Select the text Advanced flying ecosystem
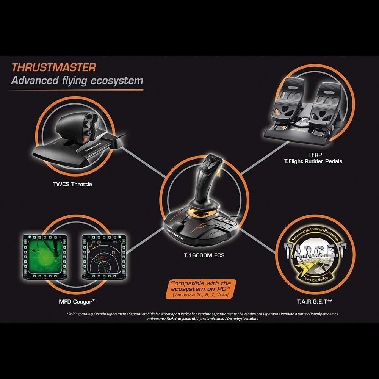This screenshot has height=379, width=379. [x=77, y=81]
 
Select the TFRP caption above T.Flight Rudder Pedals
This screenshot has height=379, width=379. [x=315, y=155]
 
